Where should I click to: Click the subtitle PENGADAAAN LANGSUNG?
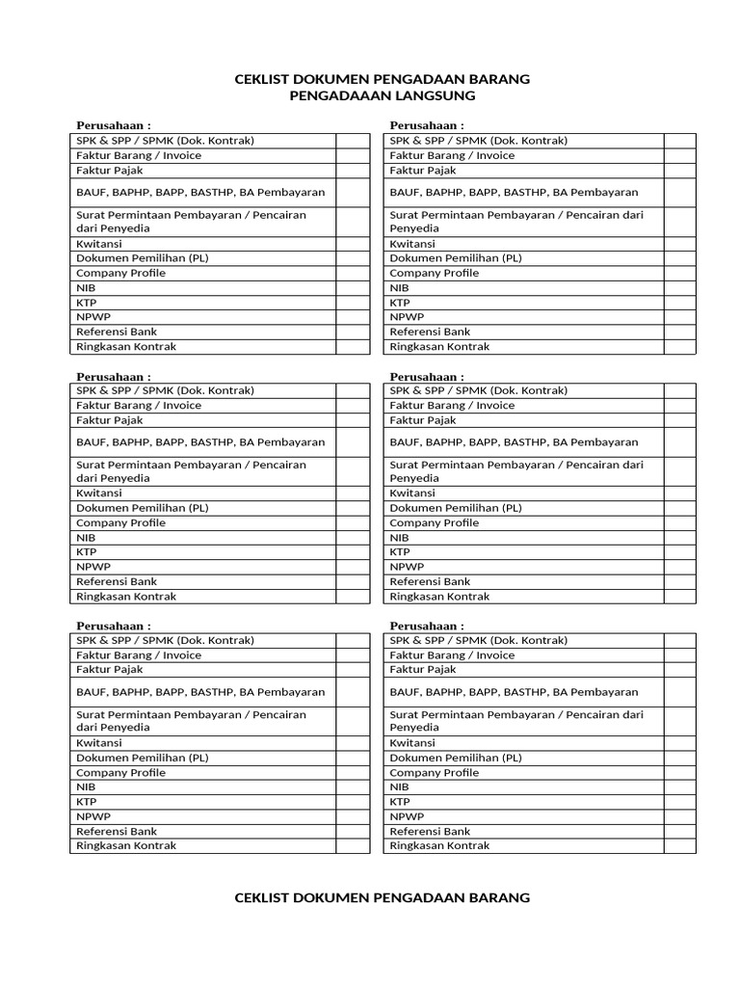(383, 95)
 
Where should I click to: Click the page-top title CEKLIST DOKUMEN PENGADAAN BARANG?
(383, 79)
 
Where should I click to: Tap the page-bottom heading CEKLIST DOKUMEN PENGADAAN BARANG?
(383, 897)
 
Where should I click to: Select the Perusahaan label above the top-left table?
(114, 126)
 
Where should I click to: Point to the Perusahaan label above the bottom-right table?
(427, 626)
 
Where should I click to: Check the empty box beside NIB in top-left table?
(352, 288)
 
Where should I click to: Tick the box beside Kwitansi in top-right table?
(679, 244)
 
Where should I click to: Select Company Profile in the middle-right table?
(434, 522)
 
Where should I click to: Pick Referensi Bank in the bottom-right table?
(430, 831)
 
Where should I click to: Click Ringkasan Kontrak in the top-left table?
(126, 346)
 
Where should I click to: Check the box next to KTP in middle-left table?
(352, 552)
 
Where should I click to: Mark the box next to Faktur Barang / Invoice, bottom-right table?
(679, 655)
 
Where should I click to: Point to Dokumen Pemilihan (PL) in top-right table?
(456, 258)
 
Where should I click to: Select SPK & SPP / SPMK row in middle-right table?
(479, 390)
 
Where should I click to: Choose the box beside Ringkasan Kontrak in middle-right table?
(679, 597)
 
